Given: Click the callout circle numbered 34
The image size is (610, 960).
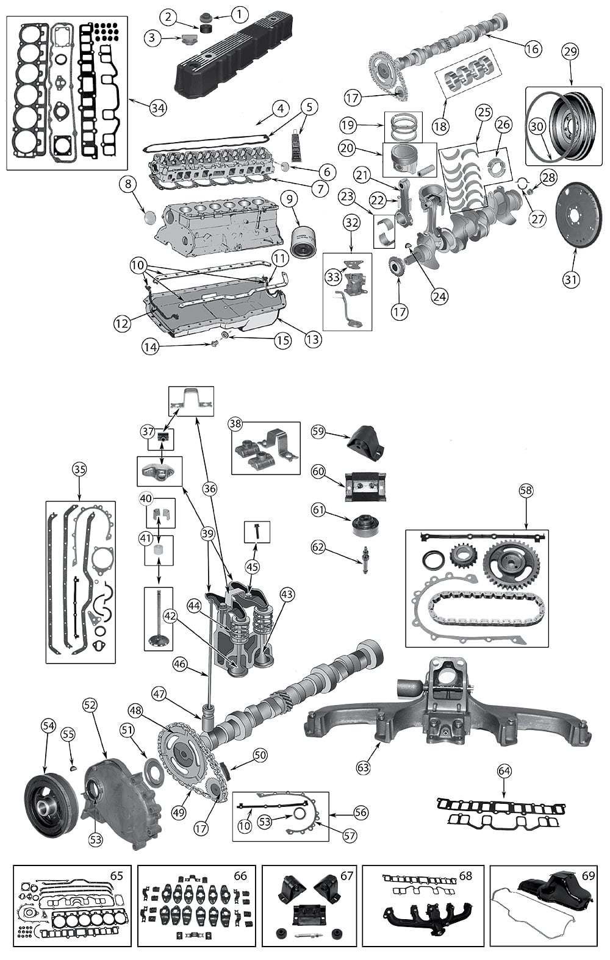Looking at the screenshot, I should coord(157,108).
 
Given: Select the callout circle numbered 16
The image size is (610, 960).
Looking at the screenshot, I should coord(533,48).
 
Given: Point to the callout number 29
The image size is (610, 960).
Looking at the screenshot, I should coord(570,52).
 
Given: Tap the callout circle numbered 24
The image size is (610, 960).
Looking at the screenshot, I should coord(439,296).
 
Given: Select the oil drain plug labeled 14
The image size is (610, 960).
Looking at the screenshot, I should coord(214,345).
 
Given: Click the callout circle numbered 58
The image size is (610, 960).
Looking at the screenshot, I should coord(526,490).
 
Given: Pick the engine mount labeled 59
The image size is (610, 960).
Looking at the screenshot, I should coord(367,446).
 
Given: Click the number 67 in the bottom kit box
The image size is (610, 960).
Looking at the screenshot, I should coord(346,876).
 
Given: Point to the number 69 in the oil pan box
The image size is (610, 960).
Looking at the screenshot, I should coord(588,876).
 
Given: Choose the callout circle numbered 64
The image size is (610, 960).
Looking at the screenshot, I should coord(504,771).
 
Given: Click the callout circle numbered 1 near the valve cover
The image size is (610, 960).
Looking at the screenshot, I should coord(240,13).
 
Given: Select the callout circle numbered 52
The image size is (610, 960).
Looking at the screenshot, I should coord(90,705).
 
